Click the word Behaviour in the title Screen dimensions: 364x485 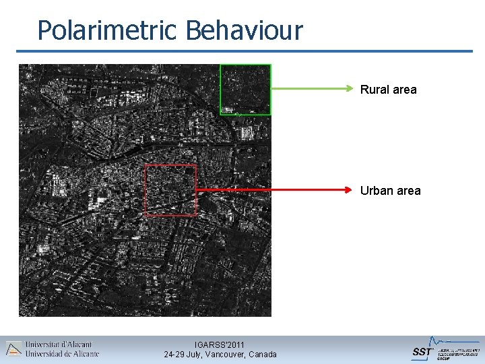[x=245, y=30]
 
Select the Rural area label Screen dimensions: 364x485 [x=388, y=90]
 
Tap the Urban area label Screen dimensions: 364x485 [x=390, y=191]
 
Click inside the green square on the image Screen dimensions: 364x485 [x=245, y=89]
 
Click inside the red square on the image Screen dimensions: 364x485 [x=171, y=190]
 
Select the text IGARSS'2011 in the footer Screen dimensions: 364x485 [x=220, y=344]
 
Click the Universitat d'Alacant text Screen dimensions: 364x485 [x=59, y=344]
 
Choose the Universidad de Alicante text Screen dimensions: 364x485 [x=62, y=353]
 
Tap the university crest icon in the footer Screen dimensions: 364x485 [x=13, y=348]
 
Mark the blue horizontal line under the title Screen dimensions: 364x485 [x=245, y=51]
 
